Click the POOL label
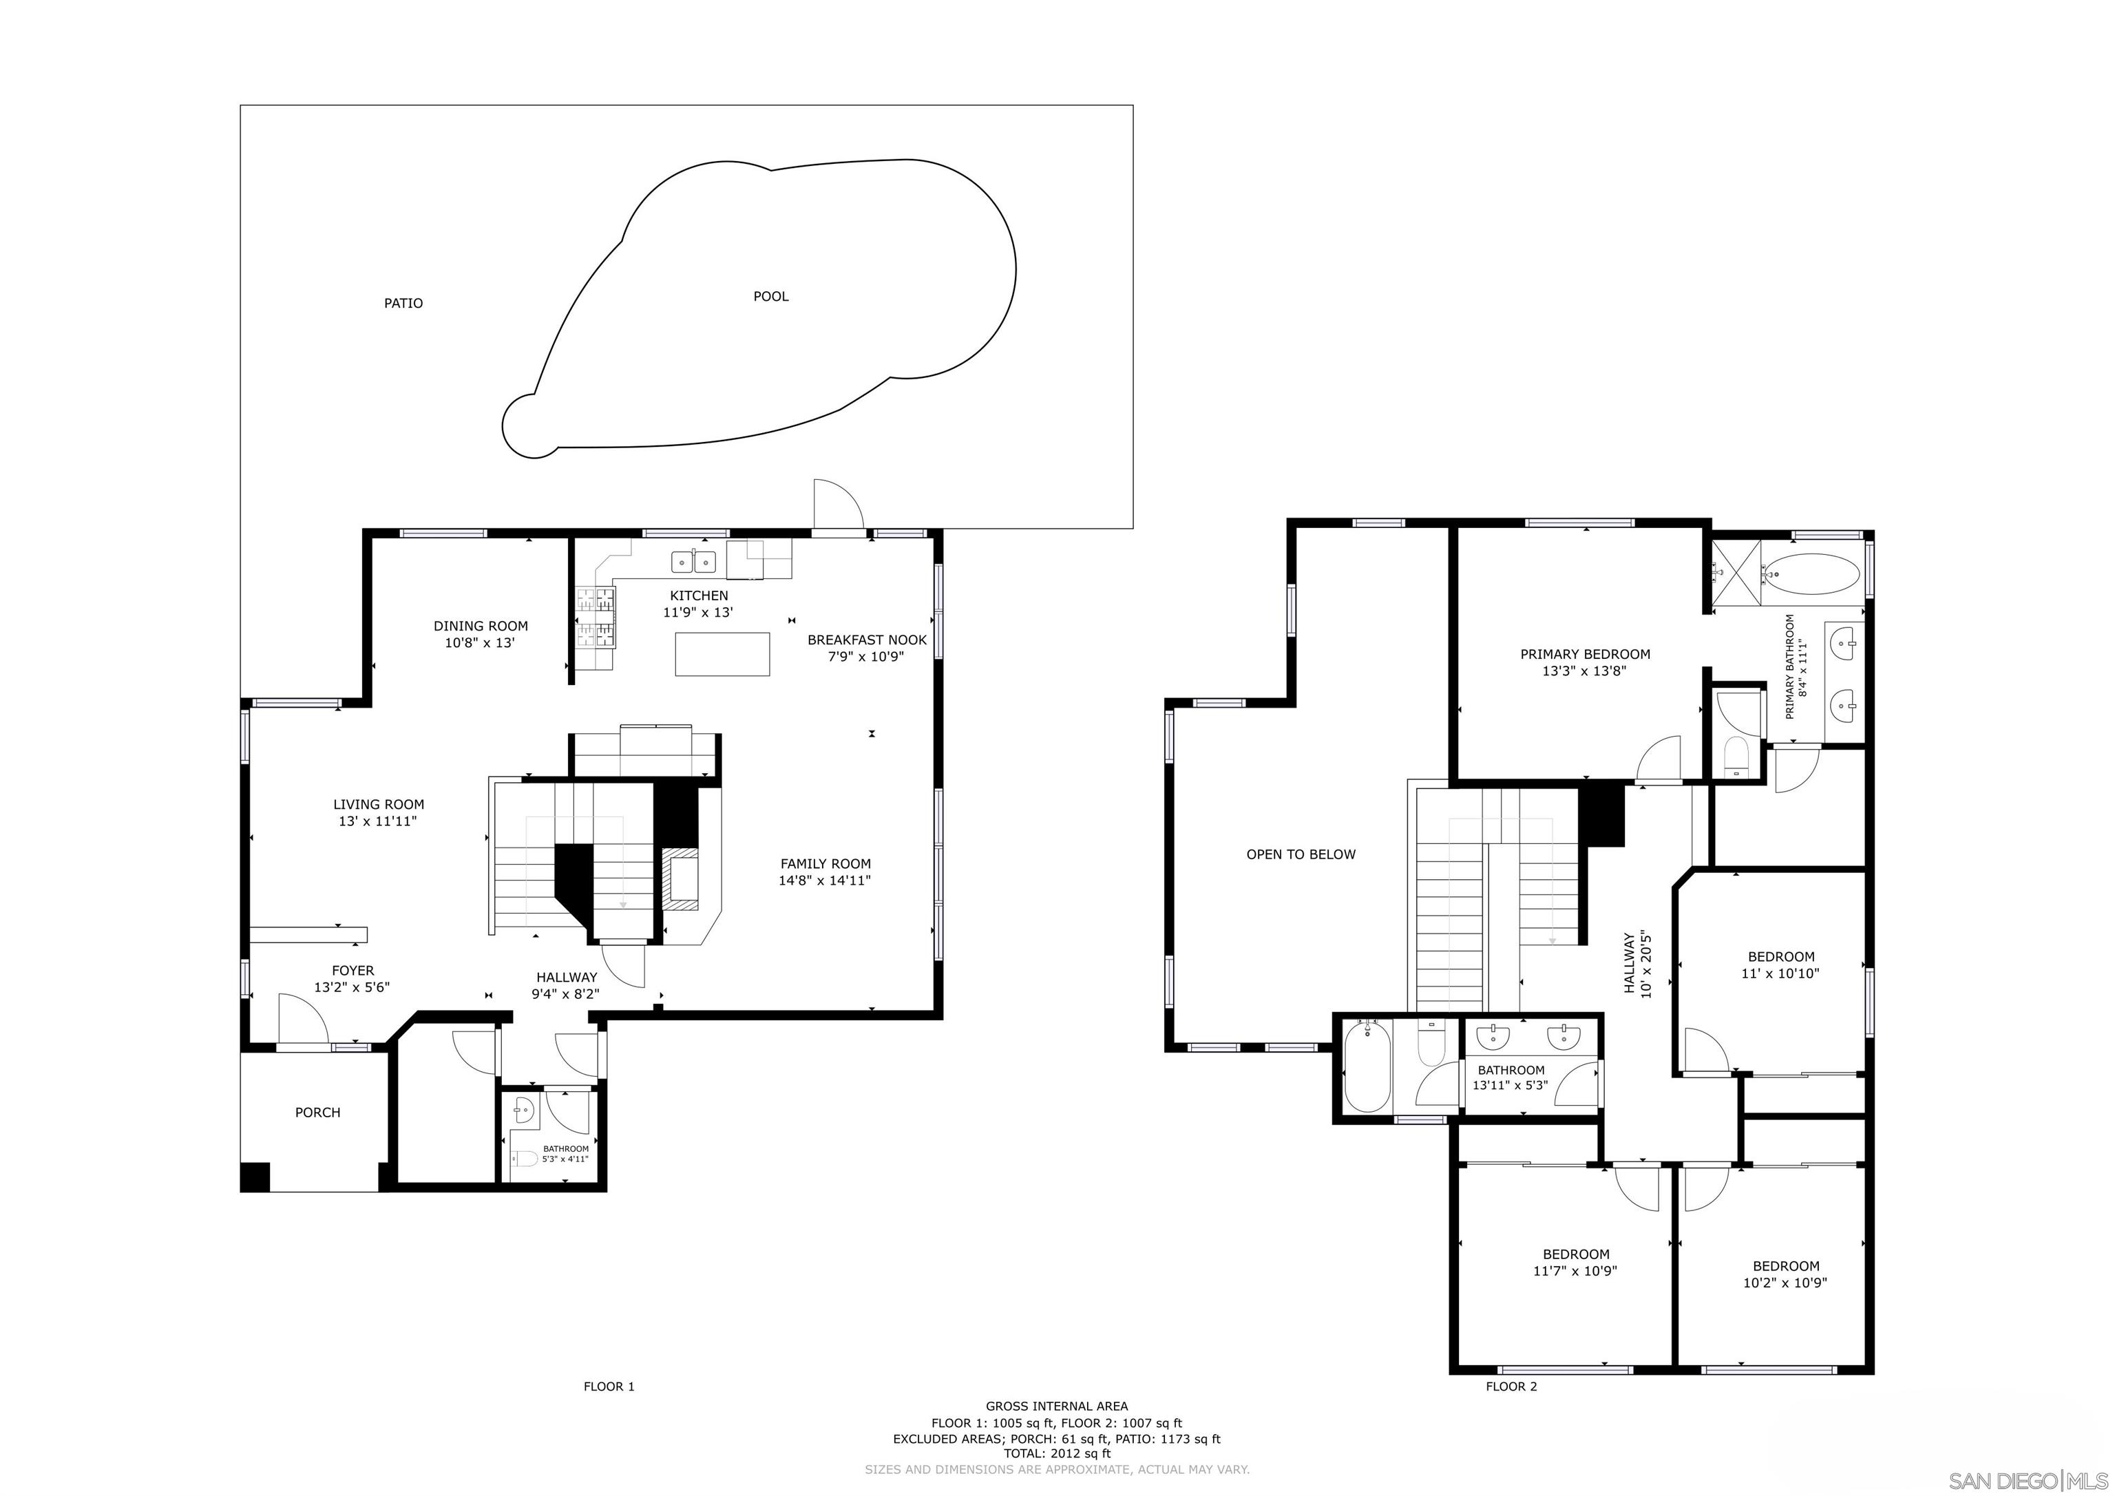pyautogui.click(x=770, y=297)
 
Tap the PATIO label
pyautogui.click(x=403, y=303)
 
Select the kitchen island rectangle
pyautogui.click(x=722, y=654)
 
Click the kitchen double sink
pyautogui.click(x=693, y=560)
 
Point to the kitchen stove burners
pyautogui.click(x=595, y=616)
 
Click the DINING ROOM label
pyautogui.click(x=481, y=626)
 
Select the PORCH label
pyautogui.click(x=318, y=1113)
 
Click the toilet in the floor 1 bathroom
pyautogui.click(x=525, y=1159)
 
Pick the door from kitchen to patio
pyautogui.click(x=837, y=506)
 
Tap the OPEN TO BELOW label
pyautogui.click(x=1301, y=855)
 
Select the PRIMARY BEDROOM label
pyautogui.click(x=1584, y=655)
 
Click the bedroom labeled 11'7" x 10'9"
pyautogui.click(x=1576, y=1263)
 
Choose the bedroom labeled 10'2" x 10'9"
pyautogui.click(x=1785, y=1275)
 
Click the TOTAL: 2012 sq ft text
pyautogui.click(x=1057, y=1453)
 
